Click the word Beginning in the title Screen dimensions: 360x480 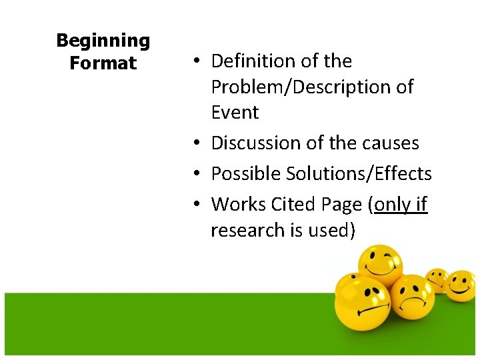(x=103, y=41)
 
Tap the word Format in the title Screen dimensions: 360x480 (x=103, y=63)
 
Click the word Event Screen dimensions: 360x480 (x=235, y=113)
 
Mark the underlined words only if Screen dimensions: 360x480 (x=400, y=205)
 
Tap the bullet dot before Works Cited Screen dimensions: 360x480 (x=199, y=205)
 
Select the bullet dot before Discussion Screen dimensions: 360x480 (x=199, y=143)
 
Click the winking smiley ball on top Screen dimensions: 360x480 (x=379, y=267)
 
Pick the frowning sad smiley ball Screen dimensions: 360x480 (x=412, y=298)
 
